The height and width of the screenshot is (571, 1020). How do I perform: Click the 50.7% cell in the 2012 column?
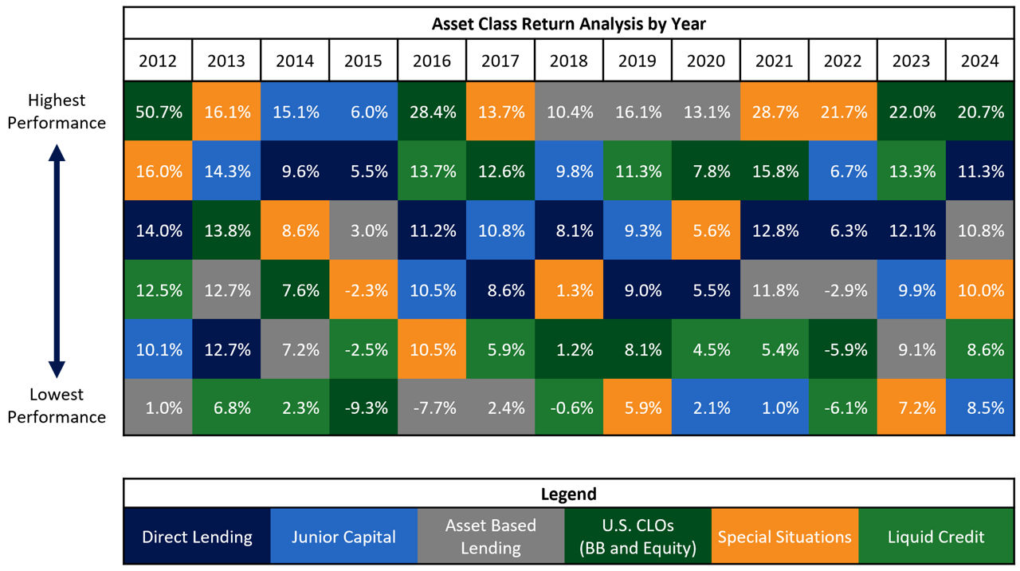pyautogui.click(x=158, y=112)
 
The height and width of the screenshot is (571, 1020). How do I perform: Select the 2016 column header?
pyautogui.click(x=432, y=61)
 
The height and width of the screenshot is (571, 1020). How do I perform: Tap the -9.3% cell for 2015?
pyautogui.click(x=363, y=408)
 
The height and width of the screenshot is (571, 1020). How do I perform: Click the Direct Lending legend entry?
pyautogui.click(x=197, y=537)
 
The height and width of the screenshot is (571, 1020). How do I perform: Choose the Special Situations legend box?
pyautogui.click(x=784, y=537)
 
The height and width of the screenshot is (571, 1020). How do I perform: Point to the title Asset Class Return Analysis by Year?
pyautogui.click(x=568, y=24)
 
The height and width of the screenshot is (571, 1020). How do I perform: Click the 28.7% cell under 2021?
pyautogui.click(x=775, y=112)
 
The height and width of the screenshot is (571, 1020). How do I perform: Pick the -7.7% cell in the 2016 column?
pyautogui.click(x=432, y=408)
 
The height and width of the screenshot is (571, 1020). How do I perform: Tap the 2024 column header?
pyautogui.click(x=980, y=61)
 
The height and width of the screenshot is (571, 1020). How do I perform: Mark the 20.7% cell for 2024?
pyautogui.click(x=980, y=112)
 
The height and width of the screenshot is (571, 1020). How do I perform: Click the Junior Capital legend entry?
pyautogui.click(x=343, y=537)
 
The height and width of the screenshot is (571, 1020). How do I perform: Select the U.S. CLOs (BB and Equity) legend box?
pyautogui.click(x=637, y=537)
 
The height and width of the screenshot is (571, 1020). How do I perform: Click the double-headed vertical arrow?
pyautogui.click(x=57, y=258)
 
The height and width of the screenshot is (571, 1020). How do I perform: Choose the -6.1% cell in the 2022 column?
pyautogui.click(x=843, y=408)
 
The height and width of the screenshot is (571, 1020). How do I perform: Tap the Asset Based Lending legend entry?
pyautogui.click(x=491, y=537)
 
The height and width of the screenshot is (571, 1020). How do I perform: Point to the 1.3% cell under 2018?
pyautogui.click(x=569, y=289)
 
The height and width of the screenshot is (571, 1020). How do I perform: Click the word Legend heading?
pyautogui.click(x=568, y=494)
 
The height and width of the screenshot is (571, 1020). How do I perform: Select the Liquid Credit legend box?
pyautogui.click(x=936, y=537)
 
